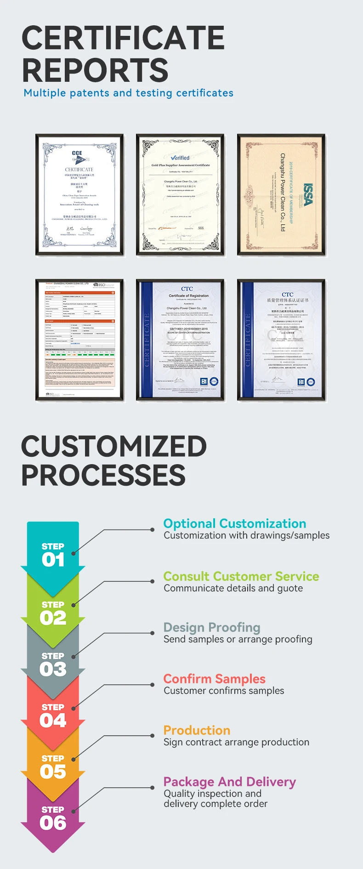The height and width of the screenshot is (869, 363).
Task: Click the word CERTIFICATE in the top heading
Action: pos(123,38)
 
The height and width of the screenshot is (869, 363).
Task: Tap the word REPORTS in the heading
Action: pos(95,70)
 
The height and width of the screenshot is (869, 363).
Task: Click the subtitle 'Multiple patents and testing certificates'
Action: pos(128,93)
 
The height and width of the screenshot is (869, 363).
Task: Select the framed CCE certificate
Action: pos(79,195)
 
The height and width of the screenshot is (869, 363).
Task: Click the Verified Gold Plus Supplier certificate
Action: pos(180,195)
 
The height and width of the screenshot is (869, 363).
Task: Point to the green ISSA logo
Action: pos(307,195)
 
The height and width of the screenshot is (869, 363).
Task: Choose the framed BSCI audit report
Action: pos(79,340)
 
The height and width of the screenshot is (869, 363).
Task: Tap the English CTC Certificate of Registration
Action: pos(180,340)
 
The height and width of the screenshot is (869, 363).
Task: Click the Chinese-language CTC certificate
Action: pos(281,340)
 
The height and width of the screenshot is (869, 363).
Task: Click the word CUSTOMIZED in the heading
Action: pos(114,446)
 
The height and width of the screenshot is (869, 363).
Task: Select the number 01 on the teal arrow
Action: pos(53,560)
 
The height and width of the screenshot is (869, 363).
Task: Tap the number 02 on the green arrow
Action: pos(53,618)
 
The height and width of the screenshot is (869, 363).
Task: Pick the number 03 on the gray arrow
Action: pos(53,669)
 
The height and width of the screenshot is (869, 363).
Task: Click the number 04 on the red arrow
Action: pos(53,720)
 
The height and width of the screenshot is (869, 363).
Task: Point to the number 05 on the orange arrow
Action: pos(53,772)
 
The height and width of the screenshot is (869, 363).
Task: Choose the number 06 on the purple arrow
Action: pos(53,823)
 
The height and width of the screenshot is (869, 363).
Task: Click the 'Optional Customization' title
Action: pos(234,523)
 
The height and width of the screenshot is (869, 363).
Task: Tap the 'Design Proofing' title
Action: pos(212,627)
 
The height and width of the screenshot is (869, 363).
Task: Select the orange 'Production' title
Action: pos(197,730)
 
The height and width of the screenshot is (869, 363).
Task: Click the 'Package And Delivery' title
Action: pos(229,782)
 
